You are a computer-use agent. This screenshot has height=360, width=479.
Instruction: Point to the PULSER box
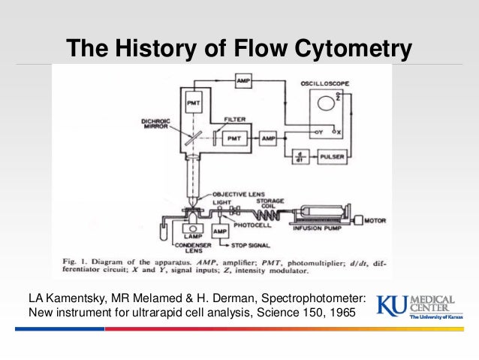tap(336, 159)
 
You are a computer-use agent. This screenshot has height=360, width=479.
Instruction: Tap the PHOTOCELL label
tap(249, 222)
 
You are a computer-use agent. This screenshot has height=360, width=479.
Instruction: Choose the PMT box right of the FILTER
tap(233, 139)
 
